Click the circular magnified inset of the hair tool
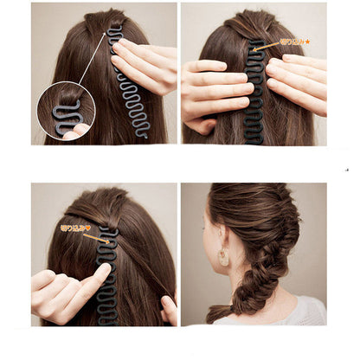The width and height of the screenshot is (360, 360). point(66,110)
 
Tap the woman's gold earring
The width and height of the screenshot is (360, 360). point(224,258)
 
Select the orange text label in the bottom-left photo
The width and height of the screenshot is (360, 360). point(74,228)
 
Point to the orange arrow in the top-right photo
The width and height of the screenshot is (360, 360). point(267,46)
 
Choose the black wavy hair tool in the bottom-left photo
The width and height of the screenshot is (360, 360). point(108,277)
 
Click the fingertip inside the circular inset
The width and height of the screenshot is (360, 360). point(79,130)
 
